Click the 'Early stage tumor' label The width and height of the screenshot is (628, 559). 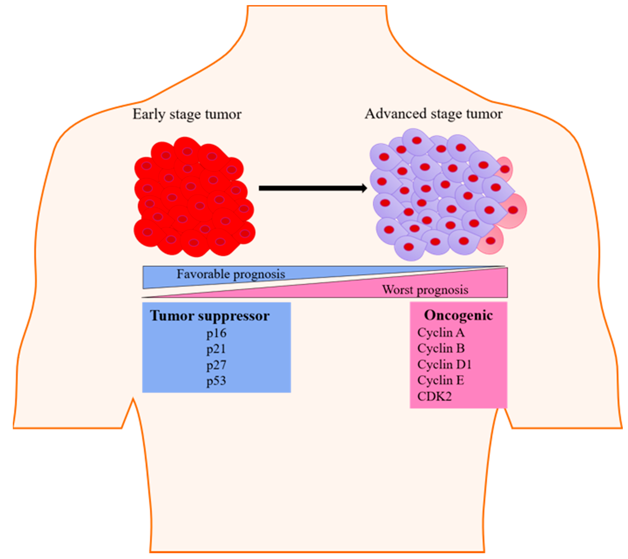[187, 114]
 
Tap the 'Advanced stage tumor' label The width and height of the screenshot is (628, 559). [433, 114]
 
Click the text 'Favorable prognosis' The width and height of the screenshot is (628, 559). [231, 274]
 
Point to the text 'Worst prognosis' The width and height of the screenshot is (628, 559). [425, 290]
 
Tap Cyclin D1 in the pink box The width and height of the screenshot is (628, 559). [444, 365]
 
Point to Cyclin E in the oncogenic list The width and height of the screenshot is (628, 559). [440, 380]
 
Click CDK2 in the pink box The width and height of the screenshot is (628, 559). [434, 396]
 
